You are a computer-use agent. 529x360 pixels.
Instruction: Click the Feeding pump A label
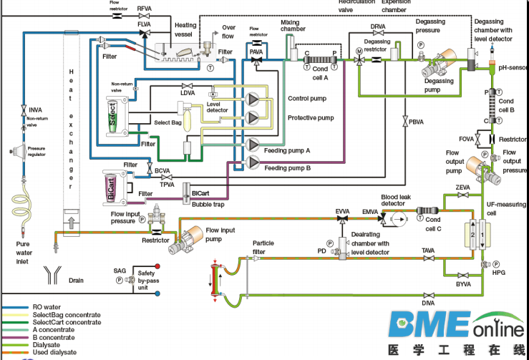click(x=287, y=150)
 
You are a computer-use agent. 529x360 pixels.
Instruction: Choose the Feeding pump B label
click(x=287, y=168)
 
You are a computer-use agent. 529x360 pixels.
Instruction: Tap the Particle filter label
click(x=263, y=247)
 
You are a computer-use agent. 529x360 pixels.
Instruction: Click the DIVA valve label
click(x=428, y=303)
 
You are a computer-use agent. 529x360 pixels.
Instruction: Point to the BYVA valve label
click(x=464, y=284)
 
